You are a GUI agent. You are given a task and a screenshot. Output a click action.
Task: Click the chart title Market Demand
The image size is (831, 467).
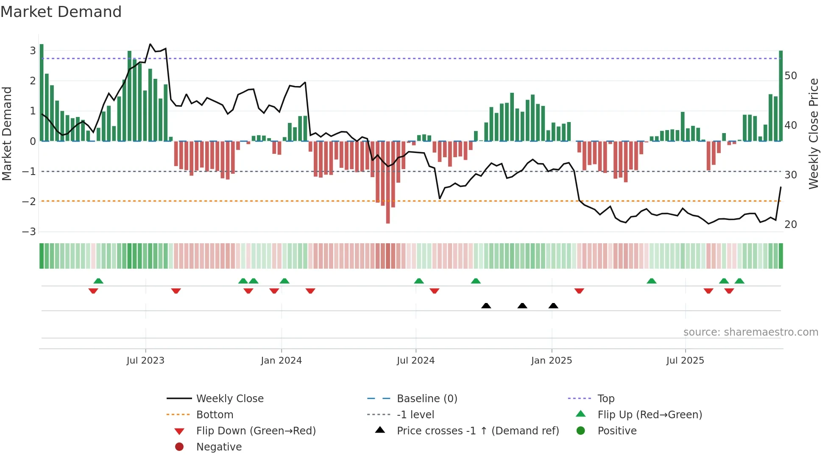pos(61,12)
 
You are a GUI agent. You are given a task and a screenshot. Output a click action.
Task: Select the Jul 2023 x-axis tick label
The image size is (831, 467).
pos(145,361)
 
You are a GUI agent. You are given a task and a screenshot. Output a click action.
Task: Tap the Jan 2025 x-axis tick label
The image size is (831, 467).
pos(551,361)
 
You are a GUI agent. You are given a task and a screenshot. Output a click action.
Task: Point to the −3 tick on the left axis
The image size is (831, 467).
pos(29,232)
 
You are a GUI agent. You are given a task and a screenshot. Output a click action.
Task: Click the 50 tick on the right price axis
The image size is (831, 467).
pos(791,76)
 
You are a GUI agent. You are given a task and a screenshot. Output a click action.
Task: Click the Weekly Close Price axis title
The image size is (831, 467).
pos(813,133)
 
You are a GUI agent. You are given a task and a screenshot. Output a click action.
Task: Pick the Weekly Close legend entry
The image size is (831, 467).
pos(229,399)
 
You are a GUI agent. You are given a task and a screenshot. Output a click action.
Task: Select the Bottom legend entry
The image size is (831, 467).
pos(215,415)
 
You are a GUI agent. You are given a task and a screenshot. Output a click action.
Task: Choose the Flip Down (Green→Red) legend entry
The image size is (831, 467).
pos(256,431)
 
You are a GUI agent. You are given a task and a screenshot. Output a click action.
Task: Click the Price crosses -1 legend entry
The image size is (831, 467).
pos(477,431)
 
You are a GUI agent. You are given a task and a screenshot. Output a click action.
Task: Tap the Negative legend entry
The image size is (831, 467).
pos(219,447)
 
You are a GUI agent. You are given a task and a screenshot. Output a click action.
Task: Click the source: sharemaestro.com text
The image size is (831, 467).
pos(750,332)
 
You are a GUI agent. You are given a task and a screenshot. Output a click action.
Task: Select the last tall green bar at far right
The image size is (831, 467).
pos(781,95)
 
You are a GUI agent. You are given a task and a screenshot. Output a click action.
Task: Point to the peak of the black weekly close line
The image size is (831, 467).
pos(150,44)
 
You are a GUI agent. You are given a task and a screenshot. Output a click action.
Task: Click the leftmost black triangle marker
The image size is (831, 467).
pos(486,306)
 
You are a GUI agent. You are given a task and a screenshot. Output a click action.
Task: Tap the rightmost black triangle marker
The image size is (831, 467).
pos(553,306)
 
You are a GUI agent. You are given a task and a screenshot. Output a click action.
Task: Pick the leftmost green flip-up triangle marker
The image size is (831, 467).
pos(98,281)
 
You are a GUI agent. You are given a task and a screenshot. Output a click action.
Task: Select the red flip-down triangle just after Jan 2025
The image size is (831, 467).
pos(579,291)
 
